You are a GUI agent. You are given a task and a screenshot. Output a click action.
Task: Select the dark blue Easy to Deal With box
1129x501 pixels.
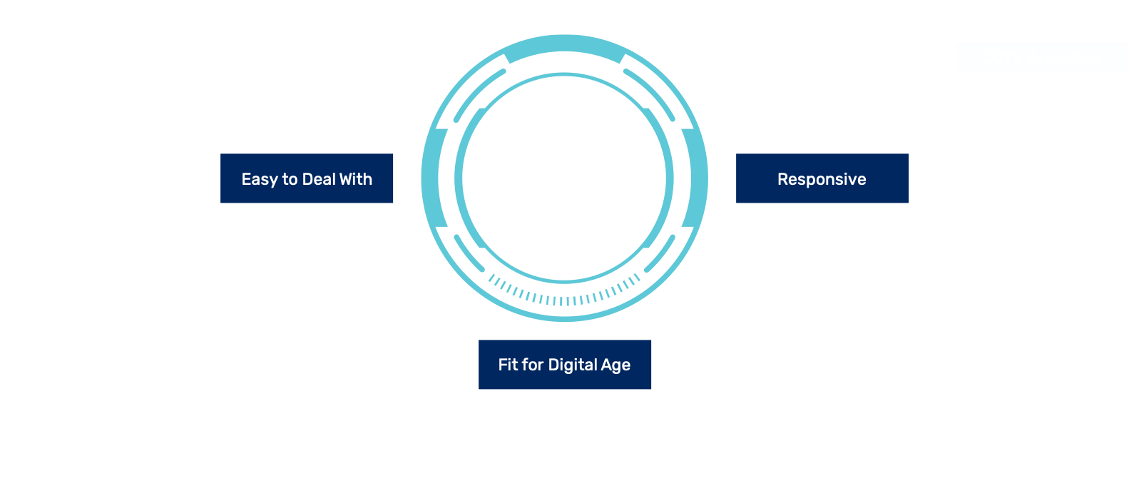point(307,179)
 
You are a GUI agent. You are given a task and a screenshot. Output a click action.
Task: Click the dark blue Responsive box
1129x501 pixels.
point(822,179)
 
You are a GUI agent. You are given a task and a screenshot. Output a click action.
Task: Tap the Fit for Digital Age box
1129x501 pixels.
point(564,365)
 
